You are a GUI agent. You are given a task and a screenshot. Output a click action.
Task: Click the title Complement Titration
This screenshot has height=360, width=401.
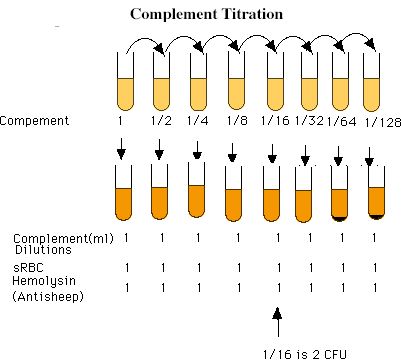206,14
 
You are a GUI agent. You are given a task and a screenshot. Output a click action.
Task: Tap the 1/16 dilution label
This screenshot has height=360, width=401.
275,120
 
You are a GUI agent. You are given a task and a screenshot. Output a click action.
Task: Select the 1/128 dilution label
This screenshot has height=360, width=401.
383,123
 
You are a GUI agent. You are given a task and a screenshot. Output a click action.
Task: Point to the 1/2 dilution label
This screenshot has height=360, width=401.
161,120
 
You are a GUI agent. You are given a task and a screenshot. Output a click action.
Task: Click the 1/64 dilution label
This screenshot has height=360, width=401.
341,122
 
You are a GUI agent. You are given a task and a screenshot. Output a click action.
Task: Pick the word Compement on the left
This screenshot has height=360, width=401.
34,121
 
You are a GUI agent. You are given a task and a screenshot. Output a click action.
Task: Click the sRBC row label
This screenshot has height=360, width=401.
28,267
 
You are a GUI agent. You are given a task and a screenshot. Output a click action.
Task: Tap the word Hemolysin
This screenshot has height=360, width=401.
44,281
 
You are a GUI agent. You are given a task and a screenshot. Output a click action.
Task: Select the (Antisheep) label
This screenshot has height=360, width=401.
48,296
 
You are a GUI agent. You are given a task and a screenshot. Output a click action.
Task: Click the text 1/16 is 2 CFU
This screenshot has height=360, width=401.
305,354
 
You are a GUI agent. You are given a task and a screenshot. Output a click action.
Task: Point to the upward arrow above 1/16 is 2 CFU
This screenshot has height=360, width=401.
278,322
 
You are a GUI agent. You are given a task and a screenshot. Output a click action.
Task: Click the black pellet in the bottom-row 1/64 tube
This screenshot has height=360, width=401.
339,218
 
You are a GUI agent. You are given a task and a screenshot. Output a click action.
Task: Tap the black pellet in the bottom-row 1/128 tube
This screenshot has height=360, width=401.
376,217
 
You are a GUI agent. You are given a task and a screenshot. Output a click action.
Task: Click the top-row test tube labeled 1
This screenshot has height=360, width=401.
125,82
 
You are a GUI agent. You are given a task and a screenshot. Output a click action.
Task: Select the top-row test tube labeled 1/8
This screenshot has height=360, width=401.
236,82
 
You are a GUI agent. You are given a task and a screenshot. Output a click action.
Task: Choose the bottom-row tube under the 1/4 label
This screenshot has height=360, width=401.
196,190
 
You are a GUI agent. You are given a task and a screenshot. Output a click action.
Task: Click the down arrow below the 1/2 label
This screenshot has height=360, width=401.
159,150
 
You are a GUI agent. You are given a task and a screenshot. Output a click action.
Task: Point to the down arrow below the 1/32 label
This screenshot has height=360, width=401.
305,155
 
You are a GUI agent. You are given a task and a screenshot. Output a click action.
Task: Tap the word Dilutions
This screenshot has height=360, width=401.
43,250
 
